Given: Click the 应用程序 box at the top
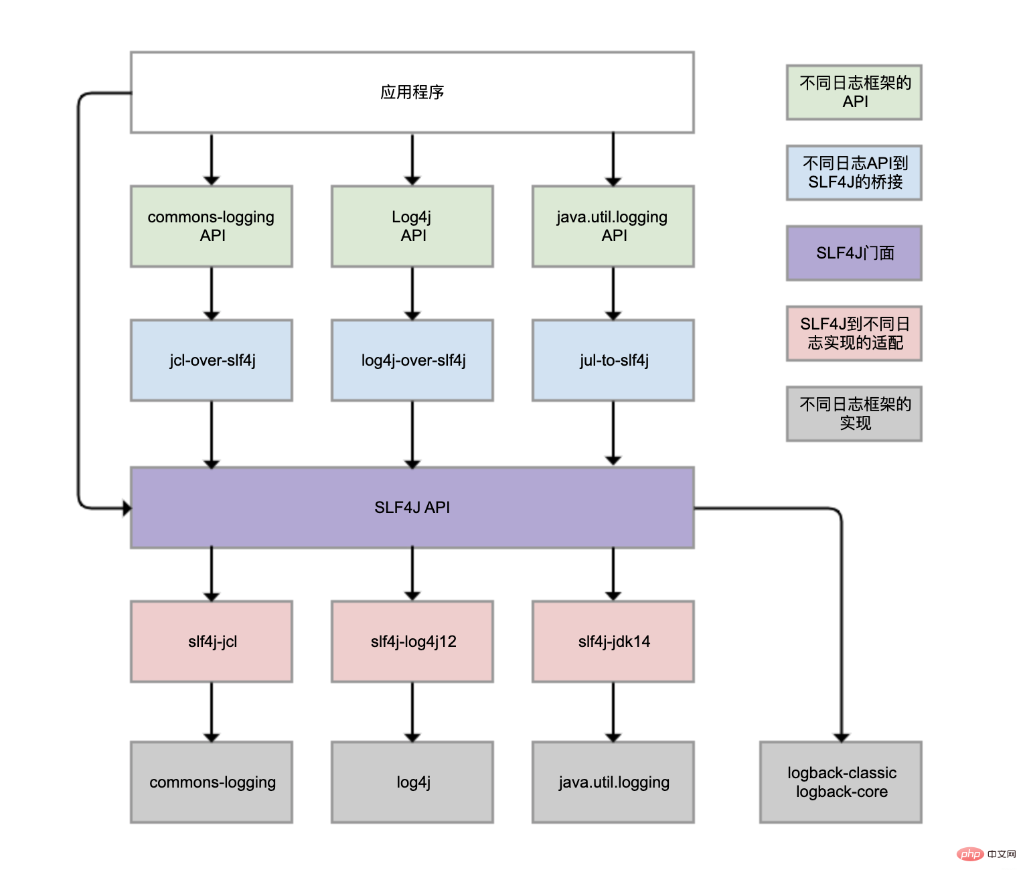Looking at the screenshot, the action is [x=412, y=92].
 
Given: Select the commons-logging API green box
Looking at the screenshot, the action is [x=212, y=226].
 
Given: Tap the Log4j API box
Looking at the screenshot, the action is [x=412, y=226].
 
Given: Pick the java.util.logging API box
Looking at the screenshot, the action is [x=613, y=226].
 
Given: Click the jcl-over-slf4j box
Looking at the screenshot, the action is [x=212, y=360].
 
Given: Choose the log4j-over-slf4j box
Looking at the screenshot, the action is [x=412, y=360].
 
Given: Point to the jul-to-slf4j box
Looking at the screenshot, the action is [x=613, y=360].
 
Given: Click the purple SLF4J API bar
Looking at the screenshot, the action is [x=412, y=508].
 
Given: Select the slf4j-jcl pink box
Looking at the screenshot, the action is [x=212, y=642].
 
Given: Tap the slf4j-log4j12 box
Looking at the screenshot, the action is [x=412, y=642].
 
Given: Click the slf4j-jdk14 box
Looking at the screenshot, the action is [x=613, y=642].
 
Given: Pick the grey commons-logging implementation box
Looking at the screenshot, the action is [x=212, y=782].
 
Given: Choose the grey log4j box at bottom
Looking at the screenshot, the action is [x=412, y=782].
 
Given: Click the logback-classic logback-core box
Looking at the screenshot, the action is [x=841, y=782].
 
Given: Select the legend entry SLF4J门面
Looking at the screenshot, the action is [x=854, y=253].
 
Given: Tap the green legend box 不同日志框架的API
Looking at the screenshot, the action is [x=854, y=92].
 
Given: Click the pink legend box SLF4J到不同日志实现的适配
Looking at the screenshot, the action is [x=854, y=334].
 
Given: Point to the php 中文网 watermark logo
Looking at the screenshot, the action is [x=986, y=854].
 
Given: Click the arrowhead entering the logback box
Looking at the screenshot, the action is [x=842, y=738].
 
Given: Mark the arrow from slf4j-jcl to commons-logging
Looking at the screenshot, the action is [x=212, y=712].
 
